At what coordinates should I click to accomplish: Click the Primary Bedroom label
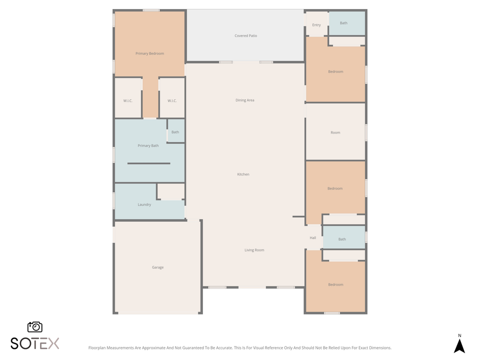tap(149, 53)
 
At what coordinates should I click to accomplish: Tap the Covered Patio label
tap(245, 36)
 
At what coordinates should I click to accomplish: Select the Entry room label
tap(316, 25)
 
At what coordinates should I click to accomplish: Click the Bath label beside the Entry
tap(343, 23)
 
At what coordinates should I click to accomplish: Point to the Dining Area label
tap(245, 100)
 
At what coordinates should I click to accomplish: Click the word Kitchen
tap(243, 174)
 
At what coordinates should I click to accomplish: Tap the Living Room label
tap(254, 250)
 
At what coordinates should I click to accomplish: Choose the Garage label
tap(157, 267)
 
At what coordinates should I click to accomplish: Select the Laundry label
tap(144, 204)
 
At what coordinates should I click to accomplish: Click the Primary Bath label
tap(148, 145)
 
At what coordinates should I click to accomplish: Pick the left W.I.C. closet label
tap(127, 101)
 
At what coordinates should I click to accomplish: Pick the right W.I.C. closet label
tap(172, 101)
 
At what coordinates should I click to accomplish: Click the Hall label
tap(312, 238)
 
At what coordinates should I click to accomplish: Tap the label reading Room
tap(335, 132)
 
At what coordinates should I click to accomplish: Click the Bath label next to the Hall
tap(342, 239)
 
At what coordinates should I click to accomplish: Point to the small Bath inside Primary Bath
tap(175, 132)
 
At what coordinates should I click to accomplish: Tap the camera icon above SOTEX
tap(35, 327)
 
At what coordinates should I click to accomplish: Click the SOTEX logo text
tap(35, 343)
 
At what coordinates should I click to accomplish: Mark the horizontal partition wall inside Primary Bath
tap(148, 163)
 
